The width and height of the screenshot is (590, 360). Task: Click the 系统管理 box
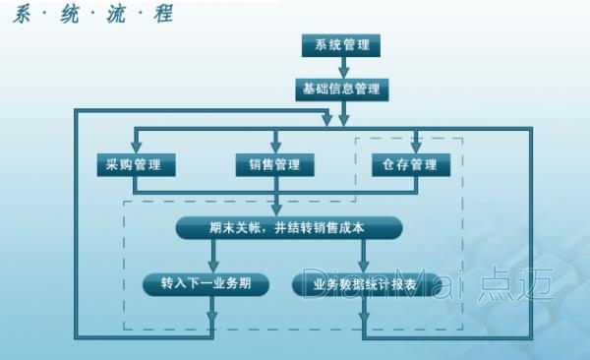click(340, 45)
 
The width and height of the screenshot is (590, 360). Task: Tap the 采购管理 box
click(135, 164)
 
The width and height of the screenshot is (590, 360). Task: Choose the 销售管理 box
click(275, 164)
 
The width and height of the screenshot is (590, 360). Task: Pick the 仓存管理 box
click(411, 164)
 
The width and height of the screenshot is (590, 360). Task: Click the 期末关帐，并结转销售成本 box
click(289, 227)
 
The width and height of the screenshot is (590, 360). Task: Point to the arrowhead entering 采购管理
click(135, 147)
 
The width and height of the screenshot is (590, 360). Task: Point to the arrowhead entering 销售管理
click(276, 147)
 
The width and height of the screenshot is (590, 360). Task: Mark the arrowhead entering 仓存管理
click(416, 147)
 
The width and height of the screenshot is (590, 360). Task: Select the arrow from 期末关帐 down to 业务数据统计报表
click(365, 258)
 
